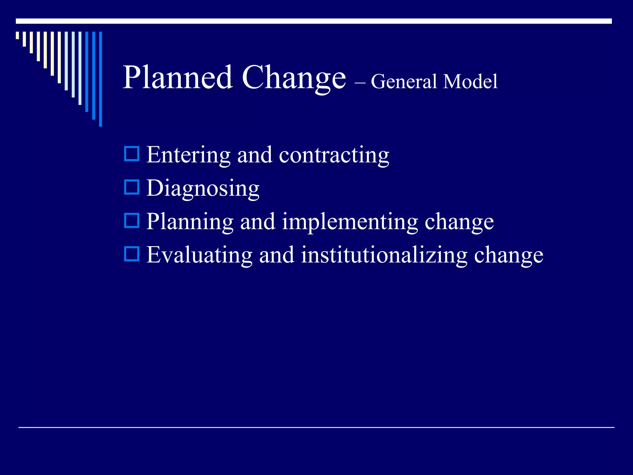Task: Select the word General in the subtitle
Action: click(404, 82)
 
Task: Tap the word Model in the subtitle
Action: click(470, 82)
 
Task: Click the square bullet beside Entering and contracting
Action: click(132, 154)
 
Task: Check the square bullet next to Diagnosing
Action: click(132, 187)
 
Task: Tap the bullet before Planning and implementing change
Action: click(132, 220)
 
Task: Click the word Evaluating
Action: click(199, 255)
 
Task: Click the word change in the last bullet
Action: click(509, 255)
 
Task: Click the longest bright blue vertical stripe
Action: click(100, 79)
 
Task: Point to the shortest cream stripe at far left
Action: click(17, 35)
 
